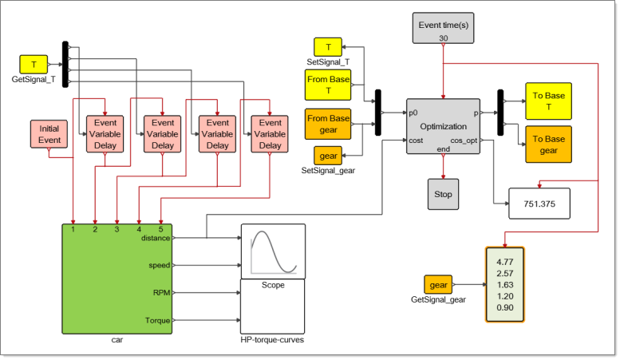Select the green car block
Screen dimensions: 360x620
point(117,279)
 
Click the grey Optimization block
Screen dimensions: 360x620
point(443,126)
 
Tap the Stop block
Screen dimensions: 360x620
point(443,194)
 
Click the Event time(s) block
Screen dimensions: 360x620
point(443,28)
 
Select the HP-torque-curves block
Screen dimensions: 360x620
point(274,307)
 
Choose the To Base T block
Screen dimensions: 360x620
point(548,101)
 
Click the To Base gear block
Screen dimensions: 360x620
point(548,144)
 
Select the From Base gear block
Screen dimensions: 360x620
point(329,124)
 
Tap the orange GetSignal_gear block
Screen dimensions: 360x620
point(438,285)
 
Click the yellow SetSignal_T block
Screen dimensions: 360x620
point(328,47)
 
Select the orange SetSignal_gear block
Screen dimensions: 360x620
point(328,156)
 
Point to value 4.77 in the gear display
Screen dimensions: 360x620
point(504,261)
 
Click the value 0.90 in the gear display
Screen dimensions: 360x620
point(504,307)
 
